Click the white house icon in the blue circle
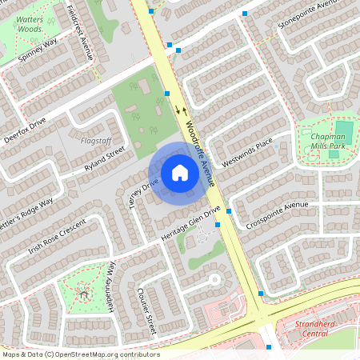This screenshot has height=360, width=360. tap(180, 172)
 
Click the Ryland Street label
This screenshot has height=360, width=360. tap(105, 159)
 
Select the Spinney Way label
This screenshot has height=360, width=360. tap(39, 52)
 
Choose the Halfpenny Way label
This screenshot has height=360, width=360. tap(111, 282)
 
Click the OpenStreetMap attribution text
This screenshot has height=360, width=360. tap(80, 354)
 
